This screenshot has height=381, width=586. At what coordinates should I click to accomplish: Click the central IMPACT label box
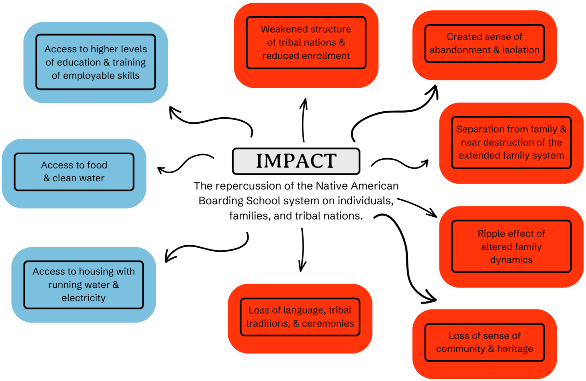(x=296, y=161)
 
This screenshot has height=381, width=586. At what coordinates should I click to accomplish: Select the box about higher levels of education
(x=95, y=62)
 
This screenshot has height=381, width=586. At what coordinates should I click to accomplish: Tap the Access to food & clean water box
(x=74, y=172)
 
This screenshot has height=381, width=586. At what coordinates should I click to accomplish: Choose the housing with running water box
(x=84, y=284)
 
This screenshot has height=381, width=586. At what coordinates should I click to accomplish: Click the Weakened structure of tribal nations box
(x=306, y=43)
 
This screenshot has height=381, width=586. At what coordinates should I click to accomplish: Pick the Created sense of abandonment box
(x=484, y=44)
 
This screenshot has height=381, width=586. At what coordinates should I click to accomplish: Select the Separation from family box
(x=511, y=142)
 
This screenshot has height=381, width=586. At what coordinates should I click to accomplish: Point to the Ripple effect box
(x=511, y=246)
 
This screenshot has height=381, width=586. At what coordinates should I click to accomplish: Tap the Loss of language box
(x=300, y=317)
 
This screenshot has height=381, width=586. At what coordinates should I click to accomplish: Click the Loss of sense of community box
(x=484, y=342)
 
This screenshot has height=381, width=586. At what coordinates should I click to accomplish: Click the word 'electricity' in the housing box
(x=84, y=298)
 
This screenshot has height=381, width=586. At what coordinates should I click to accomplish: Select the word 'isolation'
(x=521, y=50)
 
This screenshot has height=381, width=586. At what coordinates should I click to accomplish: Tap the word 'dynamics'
(x=511, y=260)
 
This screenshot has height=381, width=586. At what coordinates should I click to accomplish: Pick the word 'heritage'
(x=515, y=349)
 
